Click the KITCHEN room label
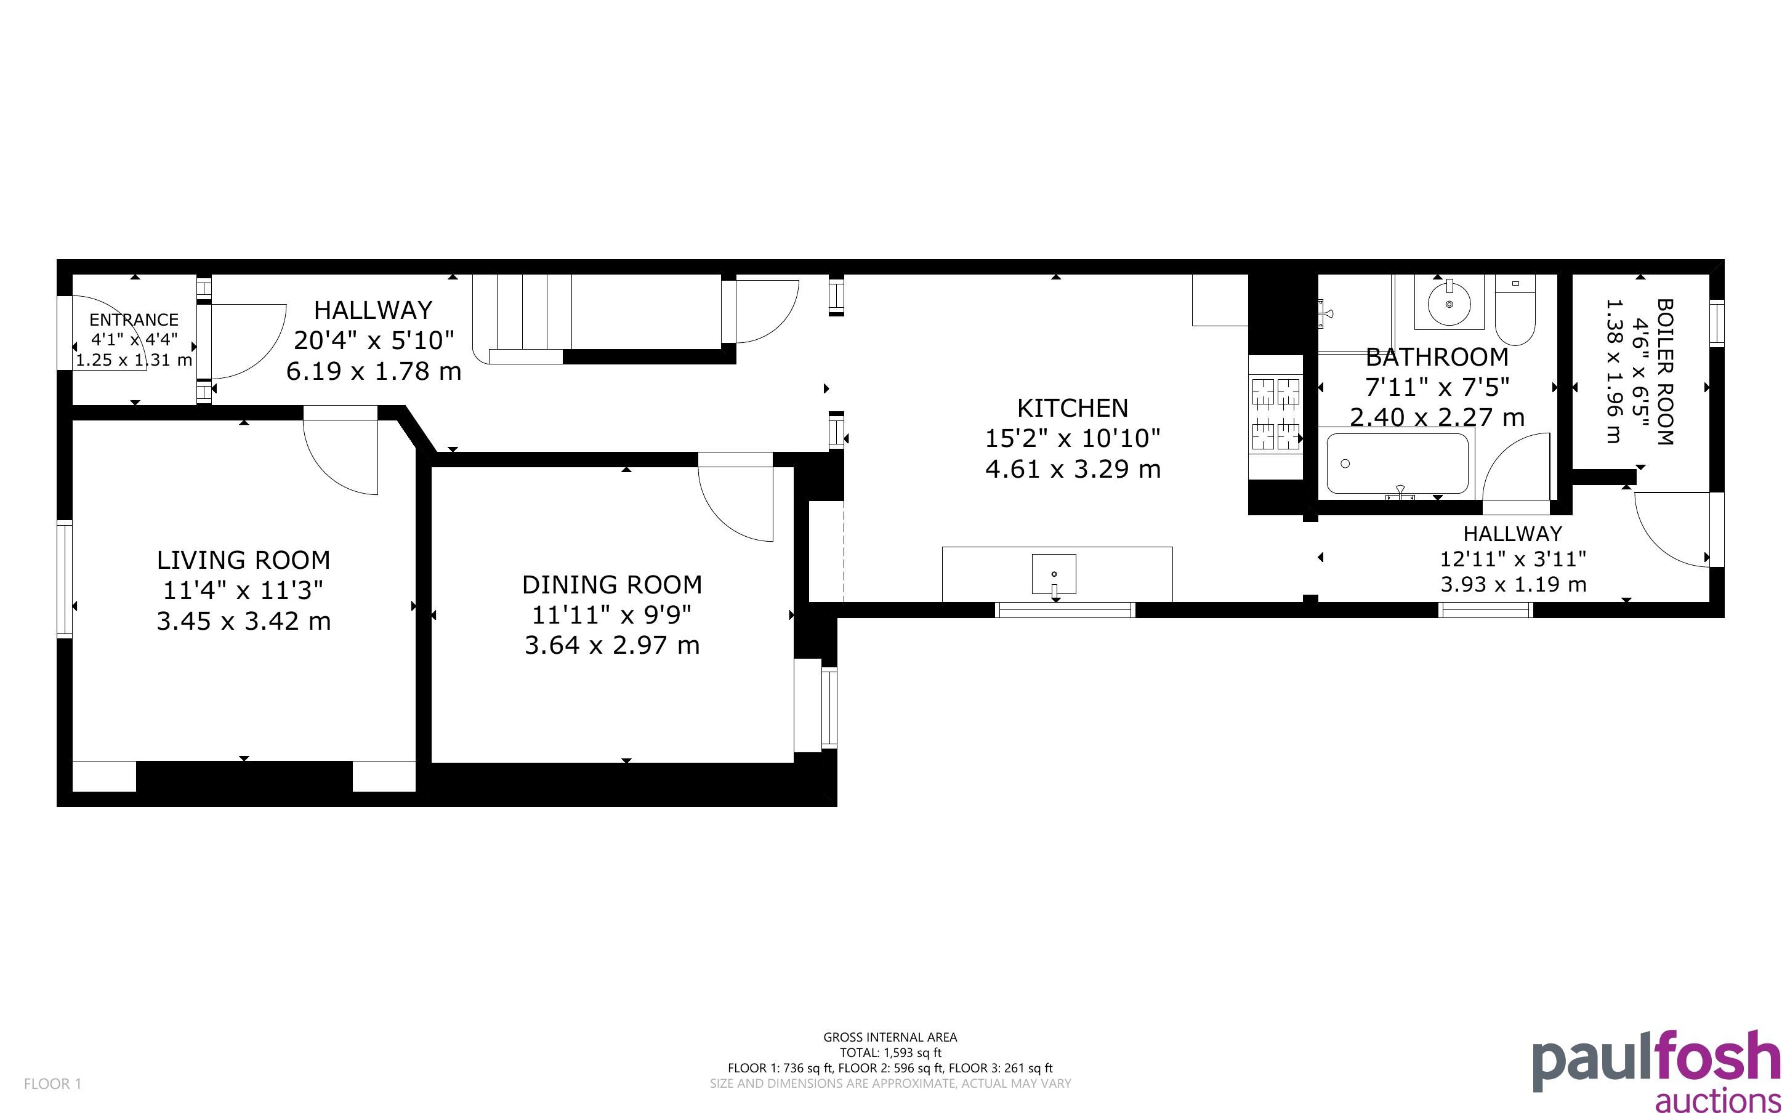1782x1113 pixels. point(1073,408)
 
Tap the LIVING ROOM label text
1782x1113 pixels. point(244,560)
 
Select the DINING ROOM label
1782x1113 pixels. point(611,584)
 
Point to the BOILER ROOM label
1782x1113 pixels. point(1664,372)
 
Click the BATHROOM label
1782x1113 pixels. point(1437,357)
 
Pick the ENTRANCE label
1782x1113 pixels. point(134,319)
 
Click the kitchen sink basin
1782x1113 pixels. point(1054,574)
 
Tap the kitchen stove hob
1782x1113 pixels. point(1276,413)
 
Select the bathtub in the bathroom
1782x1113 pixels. point(1397,464)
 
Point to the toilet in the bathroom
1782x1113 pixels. point(1515,310)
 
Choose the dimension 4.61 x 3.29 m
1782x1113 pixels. point(1073,469)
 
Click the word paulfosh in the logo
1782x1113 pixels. point(1656,1061)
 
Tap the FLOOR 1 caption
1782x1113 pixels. point(52,1083)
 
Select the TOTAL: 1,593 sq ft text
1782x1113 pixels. point(890,1053)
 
